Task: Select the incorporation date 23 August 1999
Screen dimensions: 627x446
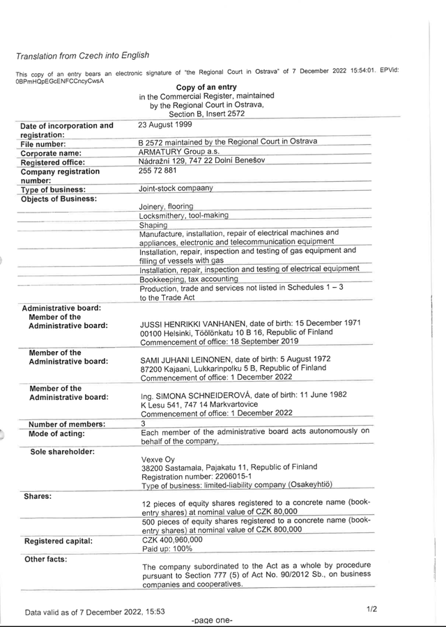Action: point(164,125)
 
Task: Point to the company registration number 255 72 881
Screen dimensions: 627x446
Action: point(157,170)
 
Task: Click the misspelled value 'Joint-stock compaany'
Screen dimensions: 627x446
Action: point(176,188)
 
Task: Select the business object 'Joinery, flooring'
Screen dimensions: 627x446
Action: point(166,207)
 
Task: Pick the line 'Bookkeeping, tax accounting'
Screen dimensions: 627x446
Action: point(179,279)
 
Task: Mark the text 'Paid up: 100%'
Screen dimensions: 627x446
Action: point(167,548)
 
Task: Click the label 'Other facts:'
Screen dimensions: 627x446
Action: point(45,559)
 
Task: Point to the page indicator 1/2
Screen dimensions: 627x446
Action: point(371,609)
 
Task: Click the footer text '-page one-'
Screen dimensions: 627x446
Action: point(211,619)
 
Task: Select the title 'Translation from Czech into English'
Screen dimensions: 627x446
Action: point(82,56)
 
